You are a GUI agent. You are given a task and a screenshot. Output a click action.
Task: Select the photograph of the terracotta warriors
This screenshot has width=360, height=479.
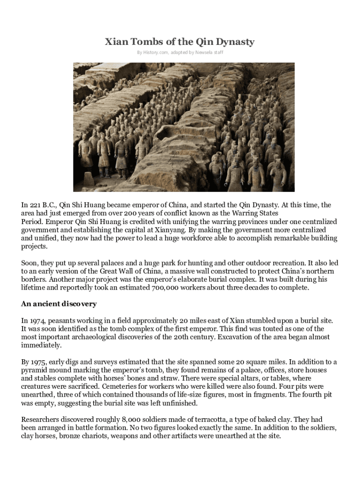coord(184,127)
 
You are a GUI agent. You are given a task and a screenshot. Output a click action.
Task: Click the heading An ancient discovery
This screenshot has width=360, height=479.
coord(59,304)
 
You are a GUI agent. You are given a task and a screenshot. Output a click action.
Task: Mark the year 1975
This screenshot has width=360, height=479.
coord(40,362)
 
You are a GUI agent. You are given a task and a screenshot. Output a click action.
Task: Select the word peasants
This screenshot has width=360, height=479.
coord(65,320)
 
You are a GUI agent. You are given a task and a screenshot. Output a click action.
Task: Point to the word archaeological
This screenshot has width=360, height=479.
coord(102,337)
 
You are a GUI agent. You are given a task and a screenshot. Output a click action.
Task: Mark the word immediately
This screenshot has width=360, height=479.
coord(41,345)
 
